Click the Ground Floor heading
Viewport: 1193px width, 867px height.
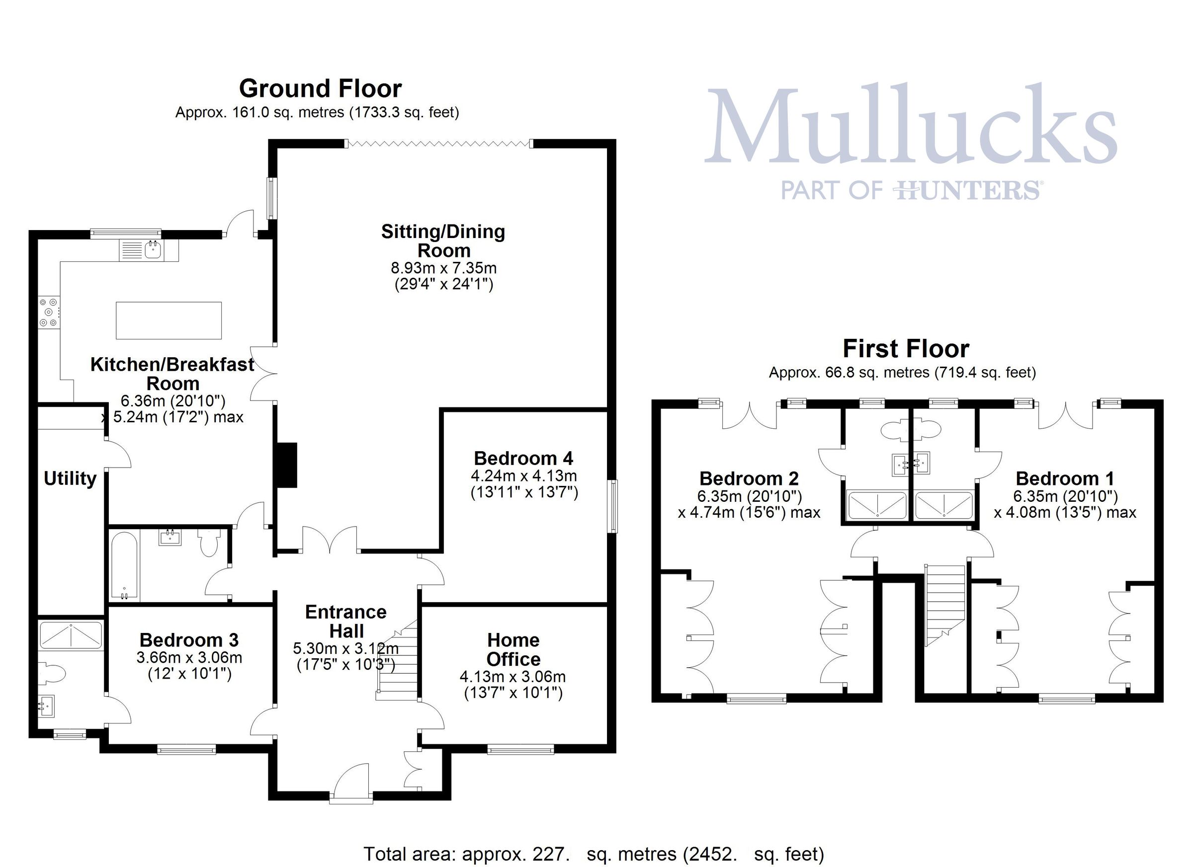click(320, 88)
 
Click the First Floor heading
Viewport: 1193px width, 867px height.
click(906, 349)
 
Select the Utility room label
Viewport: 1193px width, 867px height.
click(70, 478)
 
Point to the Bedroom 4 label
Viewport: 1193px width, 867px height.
click(523, 459)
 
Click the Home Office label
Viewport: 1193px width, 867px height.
click(513, 649)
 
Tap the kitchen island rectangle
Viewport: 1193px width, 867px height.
click(169, 320)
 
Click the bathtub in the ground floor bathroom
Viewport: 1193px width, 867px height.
click(125, 565)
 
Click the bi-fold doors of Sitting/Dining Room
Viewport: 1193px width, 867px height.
click(439, 143)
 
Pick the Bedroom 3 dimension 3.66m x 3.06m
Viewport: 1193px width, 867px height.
click(189, 658)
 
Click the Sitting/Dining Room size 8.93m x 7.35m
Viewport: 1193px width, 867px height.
click(443, 268)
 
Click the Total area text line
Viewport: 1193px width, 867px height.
click(594, 854)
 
